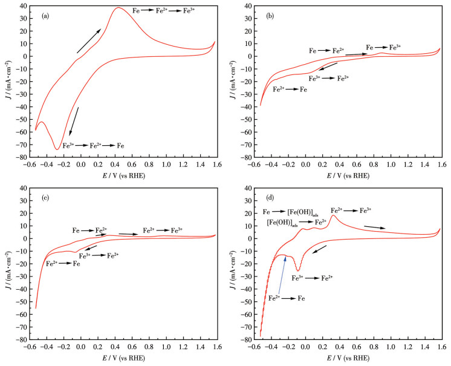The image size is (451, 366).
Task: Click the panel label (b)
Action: [270, 16]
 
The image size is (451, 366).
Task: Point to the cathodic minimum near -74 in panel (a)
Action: [57, 149]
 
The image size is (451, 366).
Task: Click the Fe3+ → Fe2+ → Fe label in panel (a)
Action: [93, 146]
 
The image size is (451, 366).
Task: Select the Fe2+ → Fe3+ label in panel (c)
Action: [163, 230]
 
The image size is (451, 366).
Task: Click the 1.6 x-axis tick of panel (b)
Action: [440, 167]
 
